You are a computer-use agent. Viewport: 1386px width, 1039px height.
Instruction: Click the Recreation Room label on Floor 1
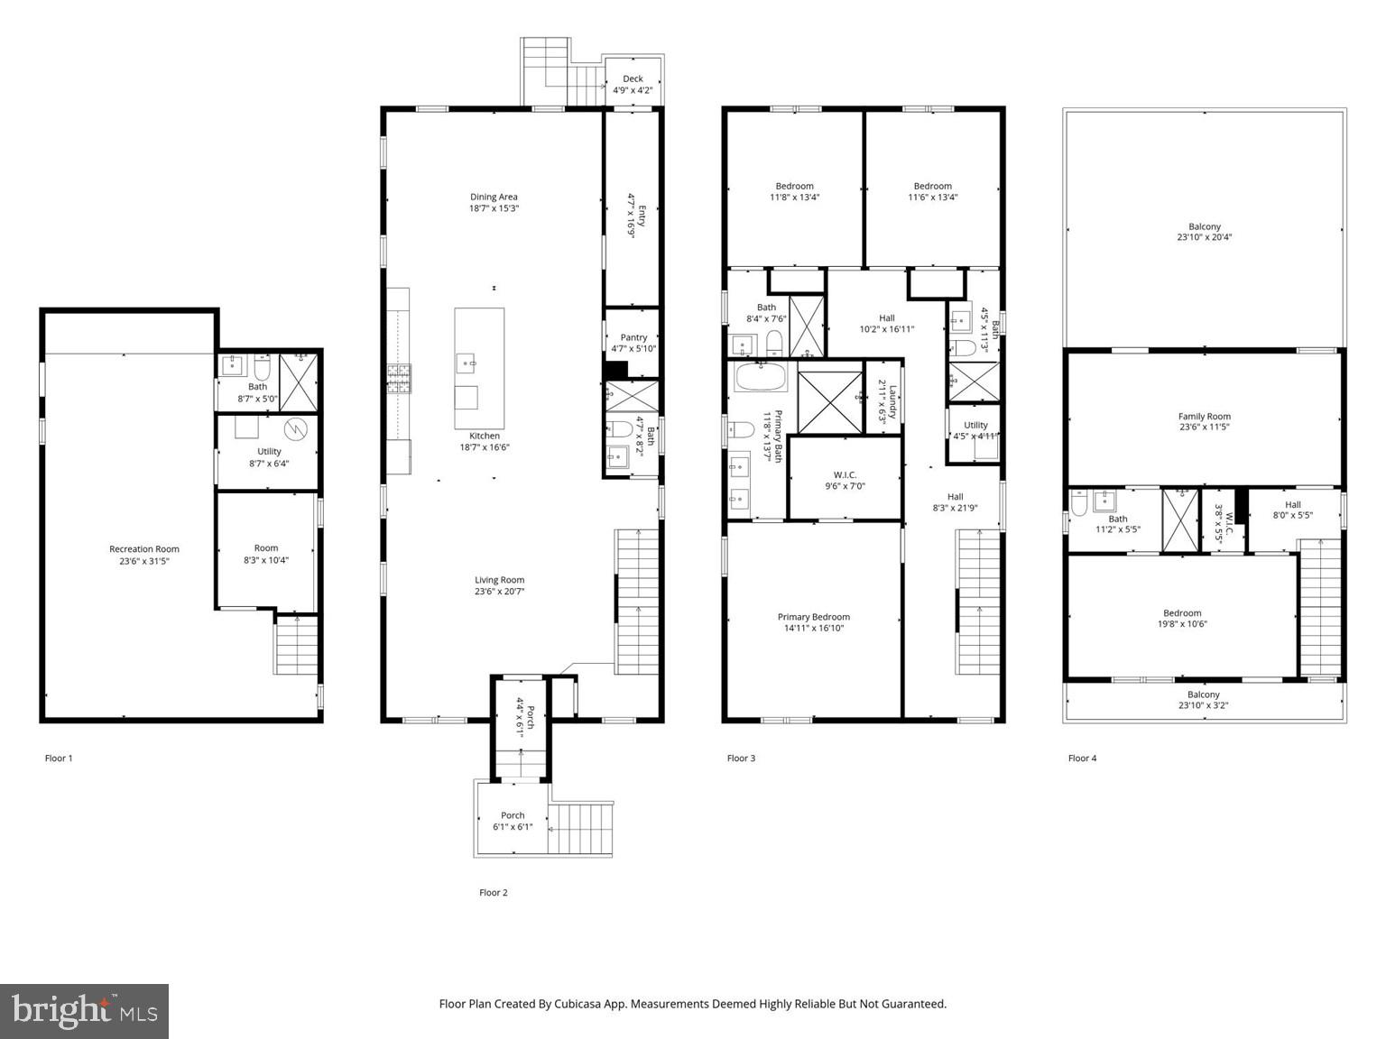[144, 548]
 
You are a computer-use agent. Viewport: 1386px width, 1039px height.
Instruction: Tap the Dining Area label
[494, 197]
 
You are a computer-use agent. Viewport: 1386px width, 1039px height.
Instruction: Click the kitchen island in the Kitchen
[479, 368]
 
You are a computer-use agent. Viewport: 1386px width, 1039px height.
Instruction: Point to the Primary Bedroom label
[814, 617]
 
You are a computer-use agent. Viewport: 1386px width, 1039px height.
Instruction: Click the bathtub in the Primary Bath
[762, 376]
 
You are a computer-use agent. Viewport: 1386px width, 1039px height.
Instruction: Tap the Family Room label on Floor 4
[1204, 417]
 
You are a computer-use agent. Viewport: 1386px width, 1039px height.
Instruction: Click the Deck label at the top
[633, 78]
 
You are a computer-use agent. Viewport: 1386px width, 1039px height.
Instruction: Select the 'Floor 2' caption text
[494, 893]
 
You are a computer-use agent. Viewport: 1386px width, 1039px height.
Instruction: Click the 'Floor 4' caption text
[1082, 759]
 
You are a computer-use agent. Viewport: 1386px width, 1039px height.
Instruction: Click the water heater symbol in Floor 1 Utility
[296, 428]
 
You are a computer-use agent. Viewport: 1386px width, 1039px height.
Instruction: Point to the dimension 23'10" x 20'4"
[1204, 238]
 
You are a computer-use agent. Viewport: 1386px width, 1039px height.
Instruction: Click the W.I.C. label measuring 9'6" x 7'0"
[845, 474]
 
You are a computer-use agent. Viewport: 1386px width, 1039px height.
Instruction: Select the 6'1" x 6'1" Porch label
[513, 815]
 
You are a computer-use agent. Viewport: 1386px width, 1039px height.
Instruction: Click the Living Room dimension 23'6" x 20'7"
[500, 592]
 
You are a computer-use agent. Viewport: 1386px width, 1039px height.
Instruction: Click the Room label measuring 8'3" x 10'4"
[266, 547]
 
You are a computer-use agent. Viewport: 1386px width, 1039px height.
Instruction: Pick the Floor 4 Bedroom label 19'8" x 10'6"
[1182, 613]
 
